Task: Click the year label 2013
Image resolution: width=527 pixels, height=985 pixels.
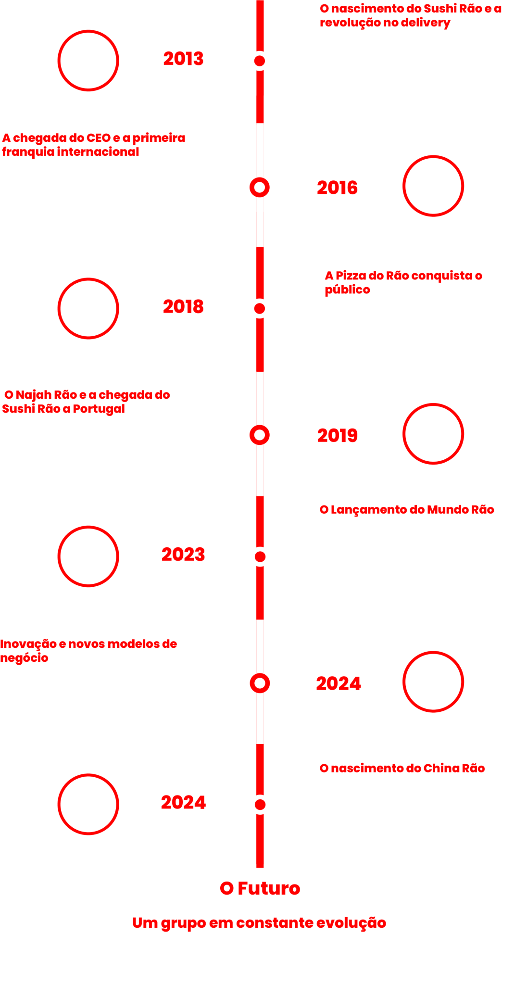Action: [x=183, y=59]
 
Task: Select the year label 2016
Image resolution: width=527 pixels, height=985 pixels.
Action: [x=337, y=188]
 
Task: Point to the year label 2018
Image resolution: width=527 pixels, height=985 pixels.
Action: [x=183, y=307]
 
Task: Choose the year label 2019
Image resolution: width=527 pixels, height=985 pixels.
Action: [x=337, y=436]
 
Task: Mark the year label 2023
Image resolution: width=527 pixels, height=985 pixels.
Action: [x=183, y=555]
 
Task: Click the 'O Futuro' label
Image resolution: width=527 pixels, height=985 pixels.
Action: [x=260, y=888]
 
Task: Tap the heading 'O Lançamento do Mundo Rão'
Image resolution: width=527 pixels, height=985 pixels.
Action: [x=407, y=510]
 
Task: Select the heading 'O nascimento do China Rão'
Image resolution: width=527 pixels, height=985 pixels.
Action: [x=402, y=769]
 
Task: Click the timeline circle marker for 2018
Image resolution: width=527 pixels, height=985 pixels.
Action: [x=260, y=308]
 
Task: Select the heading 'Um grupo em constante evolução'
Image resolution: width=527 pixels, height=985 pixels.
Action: [x=259, y=923]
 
